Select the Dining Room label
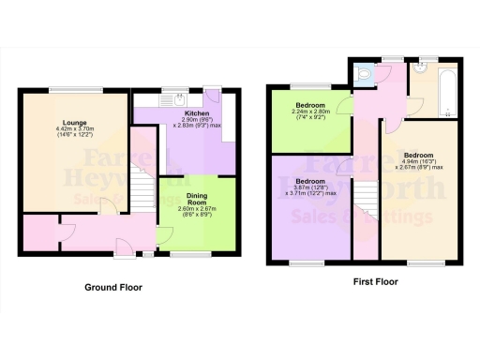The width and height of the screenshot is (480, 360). (195, 198)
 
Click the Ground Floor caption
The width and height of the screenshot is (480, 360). (113, 288)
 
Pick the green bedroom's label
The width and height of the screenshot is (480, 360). (310, 105)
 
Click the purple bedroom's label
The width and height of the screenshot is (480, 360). (309, 180)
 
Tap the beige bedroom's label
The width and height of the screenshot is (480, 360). (419, 156)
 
